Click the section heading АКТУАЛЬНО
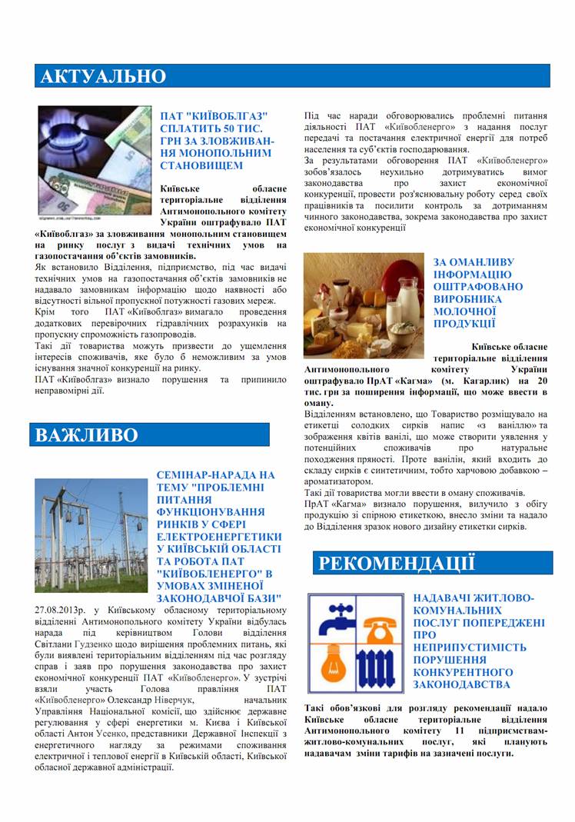coord(103,76)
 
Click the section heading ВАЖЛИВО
coord(87,435)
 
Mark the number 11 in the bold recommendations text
coord(459,730)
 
